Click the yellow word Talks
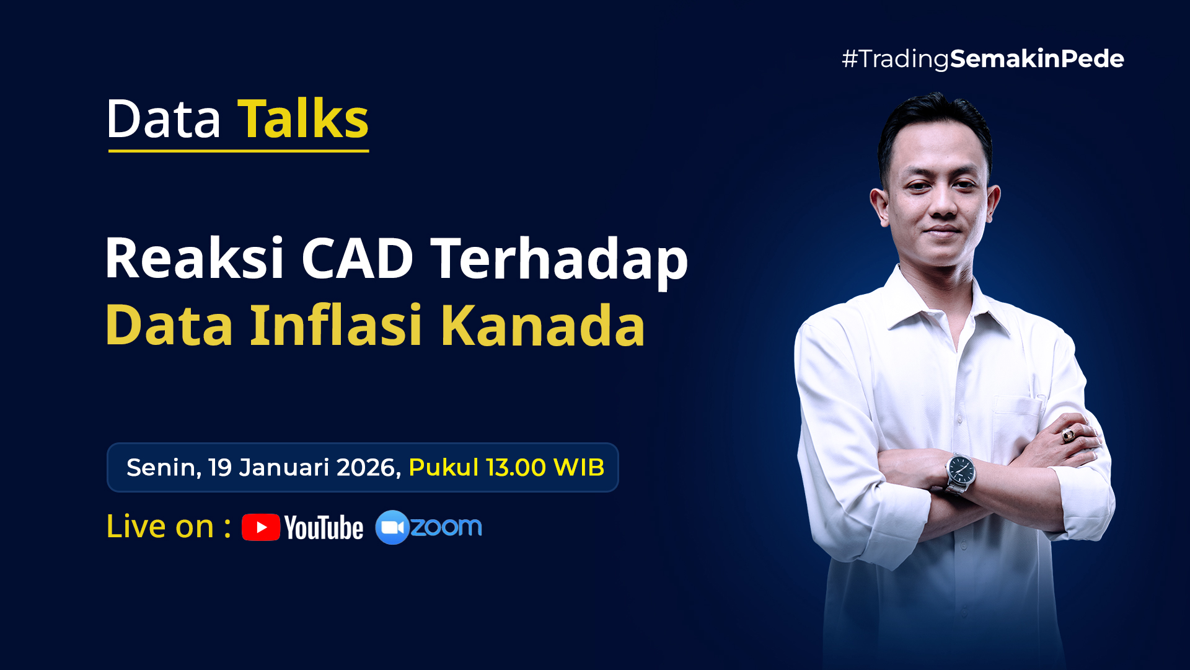pyautogui.click(x=303, y=118)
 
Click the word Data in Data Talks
pyautogui.click(x=164, y=119)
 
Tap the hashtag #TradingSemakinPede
pyautogui.click(x=983, y=59)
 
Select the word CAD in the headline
pyautogui.click(x=357, y=258)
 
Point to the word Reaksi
pyautogui.click(x=195, y=257)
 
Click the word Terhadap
pyautogui.click(x=560, y=261)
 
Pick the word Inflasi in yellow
pyautogui.click(x=336, y=324)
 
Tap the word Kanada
pyautogui.click(x=543, y=324)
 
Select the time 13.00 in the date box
pyautogui.click(x=516, y=467)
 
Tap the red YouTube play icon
pyautogui.click(x=261, y=527)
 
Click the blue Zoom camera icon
pyautogui.click(x=392, y=527)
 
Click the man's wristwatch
pyautogui.click(x=960, y=473)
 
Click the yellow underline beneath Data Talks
pyautogui.click(x=239, y=150)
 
